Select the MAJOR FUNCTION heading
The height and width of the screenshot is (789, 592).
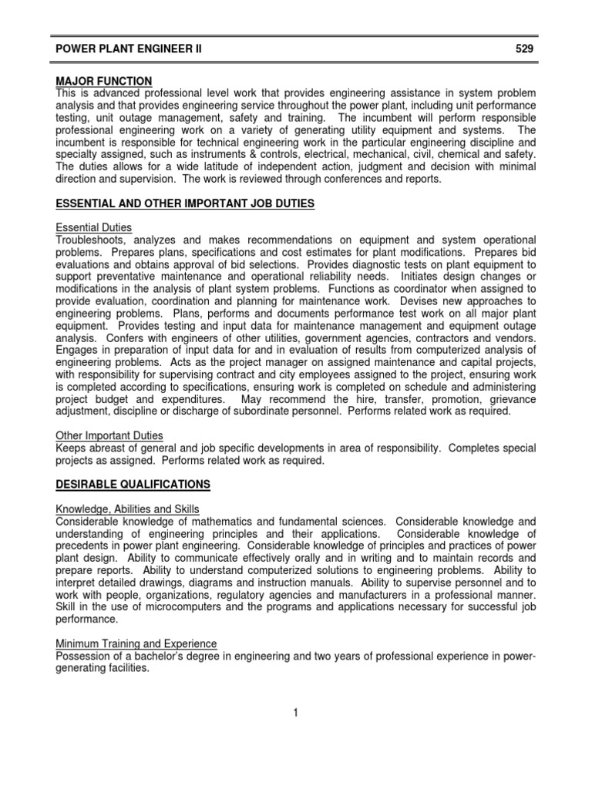tap(103, 81)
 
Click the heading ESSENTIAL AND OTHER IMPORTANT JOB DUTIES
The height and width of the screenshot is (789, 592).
tap(185, 203)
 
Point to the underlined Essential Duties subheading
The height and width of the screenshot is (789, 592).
tap(94, 228)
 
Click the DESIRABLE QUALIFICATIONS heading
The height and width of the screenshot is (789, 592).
tap(133, 484)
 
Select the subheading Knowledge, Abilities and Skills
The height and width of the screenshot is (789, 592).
tap(128, 509)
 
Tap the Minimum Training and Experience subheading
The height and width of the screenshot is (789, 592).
tap(136, 643)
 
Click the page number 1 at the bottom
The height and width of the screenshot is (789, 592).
tap(295, 713)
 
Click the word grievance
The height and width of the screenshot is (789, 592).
tap(508, 400)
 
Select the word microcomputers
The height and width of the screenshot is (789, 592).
tap(161, 606)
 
